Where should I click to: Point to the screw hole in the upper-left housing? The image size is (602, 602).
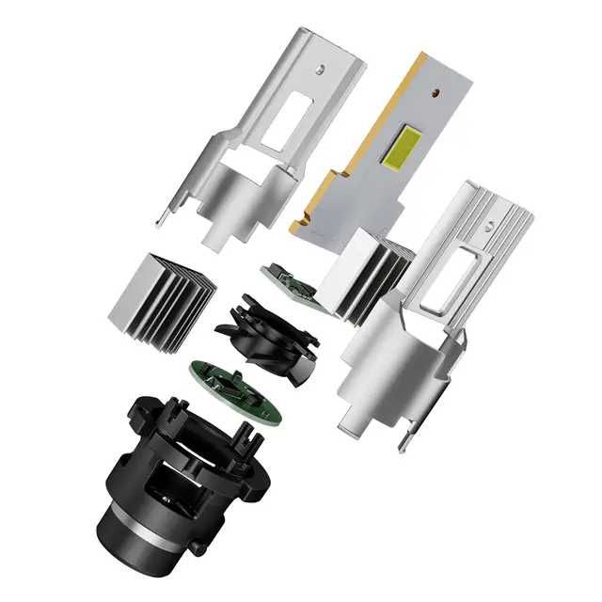click(323, 68)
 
